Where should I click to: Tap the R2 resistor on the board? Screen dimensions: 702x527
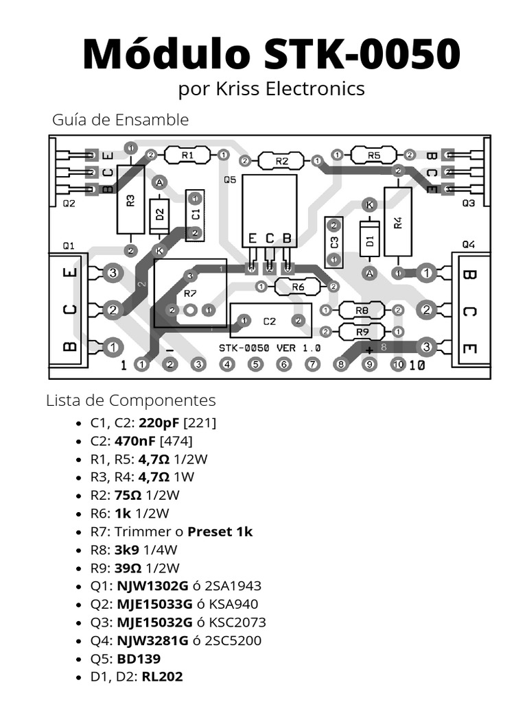[x=281, y=161]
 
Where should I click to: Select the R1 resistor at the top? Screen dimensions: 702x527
[x=188, y=156]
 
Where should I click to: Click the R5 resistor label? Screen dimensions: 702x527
[x=373, y=156]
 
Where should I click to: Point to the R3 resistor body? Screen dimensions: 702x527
[x=130, y=199]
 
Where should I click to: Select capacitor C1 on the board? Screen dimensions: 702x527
[x=195, y=215]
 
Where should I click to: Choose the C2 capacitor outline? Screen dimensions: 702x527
[x=270, y=321]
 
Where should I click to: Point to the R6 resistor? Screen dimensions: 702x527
[x=297, y=287]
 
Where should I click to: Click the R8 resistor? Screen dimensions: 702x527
[x=362, y=310]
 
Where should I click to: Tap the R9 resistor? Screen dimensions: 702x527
[x=362, y=332]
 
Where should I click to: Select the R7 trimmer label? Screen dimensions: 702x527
[x=190, y=293]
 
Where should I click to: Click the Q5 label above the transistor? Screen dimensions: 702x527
[x=230, y=180]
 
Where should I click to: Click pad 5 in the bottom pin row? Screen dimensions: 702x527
[x=255, y=365]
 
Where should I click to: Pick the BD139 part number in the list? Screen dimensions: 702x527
[x=139, y=659]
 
